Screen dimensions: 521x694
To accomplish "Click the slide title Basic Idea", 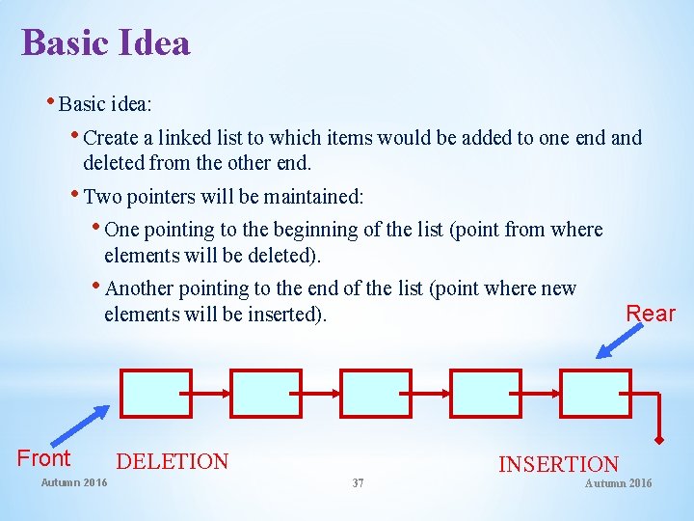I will [x=106, y=43].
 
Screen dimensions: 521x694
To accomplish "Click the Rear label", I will [x=651, y=314].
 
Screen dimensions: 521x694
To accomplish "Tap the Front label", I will [x=44, y=458].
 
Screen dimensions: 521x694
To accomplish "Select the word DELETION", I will [x=173, y=462].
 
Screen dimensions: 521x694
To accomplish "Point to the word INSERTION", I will [x=558, y=465].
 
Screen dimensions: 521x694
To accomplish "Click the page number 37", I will [x=358, y=482].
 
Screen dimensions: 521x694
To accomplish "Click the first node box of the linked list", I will [x=155, y=393].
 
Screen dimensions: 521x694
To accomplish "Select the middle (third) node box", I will [x=376, y=393].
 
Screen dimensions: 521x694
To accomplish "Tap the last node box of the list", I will [x=595, y=393].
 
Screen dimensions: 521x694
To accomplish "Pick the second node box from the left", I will [x=265, y=393].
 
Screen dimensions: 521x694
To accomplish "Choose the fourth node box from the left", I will [x=486, y=393].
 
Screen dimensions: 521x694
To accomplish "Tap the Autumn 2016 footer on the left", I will [x=74, y=482].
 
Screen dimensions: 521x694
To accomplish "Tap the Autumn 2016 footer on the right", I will [x=618, y=482].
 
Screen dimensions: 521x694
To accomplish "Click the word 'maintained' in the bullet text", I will [x=314, y=198].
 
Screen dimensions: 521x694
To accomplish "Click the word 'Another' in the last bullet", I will [x=141, y=288].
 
